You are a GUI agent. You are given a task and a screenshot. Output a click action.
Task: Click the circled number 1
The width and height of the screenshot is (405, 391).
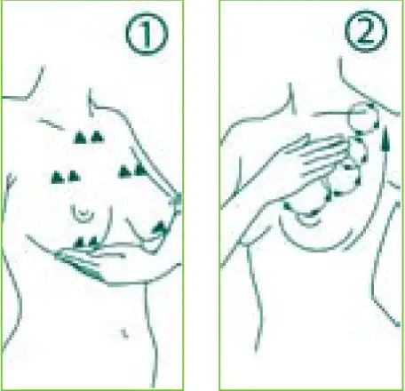click(x=147, y=34)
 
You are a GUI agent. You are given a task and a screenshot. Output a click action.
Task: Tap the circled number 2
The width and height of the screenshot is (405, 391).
click(x=366, y=31)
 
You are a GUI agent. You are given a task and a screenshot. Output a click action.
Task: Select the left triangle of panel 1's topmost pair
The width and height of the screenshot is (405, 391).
click(x=79, y=138)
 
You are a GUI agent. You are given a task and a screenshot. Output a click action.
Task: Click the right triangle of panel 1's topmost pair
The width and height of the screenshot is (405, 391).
click(x=97, y=137)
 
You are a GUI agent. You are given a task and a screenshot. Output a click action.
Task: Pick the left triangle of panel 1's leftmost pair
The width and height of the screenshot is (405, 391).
click(x=58, y=177)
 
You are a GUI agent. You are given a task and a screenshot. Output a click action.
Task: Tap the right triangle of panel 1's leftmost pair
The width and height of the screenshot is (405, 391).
click(x=74, y=176)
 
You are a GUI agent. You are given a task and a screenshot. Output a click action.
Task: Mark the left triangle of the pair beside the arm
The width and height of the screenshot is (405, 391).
click(x=124, y=172)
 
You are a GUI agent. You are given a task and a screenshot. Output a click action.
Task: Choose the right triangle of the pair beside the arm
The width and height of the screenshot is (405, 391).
click(x=140, y=170)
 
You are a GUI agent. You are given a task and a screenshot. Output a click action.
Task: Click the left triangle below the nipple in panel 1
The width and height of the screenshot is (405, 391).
click(x=79, y=242)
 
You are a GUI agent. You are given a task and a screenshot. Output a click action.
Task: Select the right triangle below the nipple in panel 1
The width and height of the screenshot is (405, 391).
click(x=93, y=242)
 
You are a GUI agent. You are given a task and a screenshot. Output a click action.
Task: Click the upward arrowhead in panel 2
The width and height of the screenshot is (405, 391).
click(x=385, y=139)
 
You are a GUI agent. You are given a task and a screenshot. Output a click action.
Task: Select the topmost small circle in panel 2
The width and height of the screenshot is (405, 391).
click(x=363, y=118)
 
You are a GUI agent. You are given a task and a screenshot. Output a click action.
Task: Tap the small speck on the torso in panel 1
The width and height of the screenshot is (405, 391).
click(x=125, y=334)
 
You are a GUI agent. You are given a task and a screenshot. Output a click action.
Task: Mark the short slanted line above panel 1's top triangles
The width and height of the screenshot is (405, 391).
click(x=51, y=124)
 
